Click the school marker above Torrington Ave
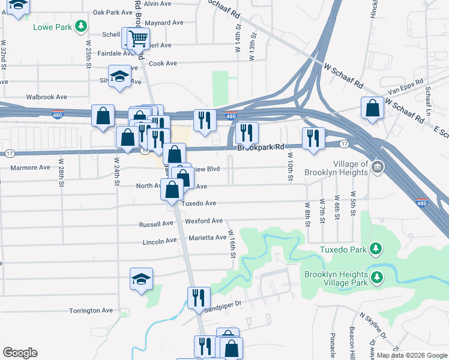coord(142,280)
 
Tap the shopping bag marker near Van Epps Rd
coord(372,109)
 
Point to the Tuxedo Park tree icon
coord(375,248)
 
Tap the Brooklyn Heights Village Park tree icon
coord(376,277)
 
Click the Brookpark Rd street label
coord(260,147)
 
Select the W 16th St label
coord(231,244)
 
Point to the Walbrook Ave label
coord(44,97)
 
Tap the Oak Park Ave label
coord(112,12)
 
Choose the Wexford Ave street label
coord(204,221)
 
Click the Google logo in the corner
coord(20,353)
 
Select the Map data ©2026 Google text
coord(411,355)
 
